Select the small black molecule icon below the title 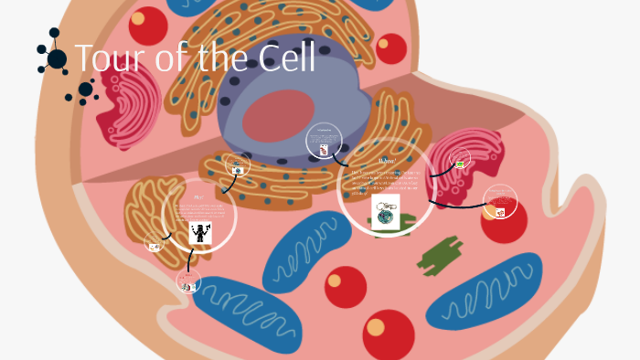[x=84, y=90]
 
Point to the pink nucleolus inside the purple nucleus [x=278, y=117]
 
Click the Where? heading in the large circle [x=387, y=161]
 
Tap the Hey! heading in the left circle [x=198, y=196]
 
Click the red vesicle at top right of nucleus [x=391, y=48]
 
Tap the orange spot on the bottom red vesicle [x=376, y=327]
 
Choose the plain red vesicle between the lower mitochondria [x=345, y=285]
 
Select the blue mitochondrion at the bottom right [x=485, y=291]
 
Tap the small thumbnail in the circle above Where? [x=324, y=148]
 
